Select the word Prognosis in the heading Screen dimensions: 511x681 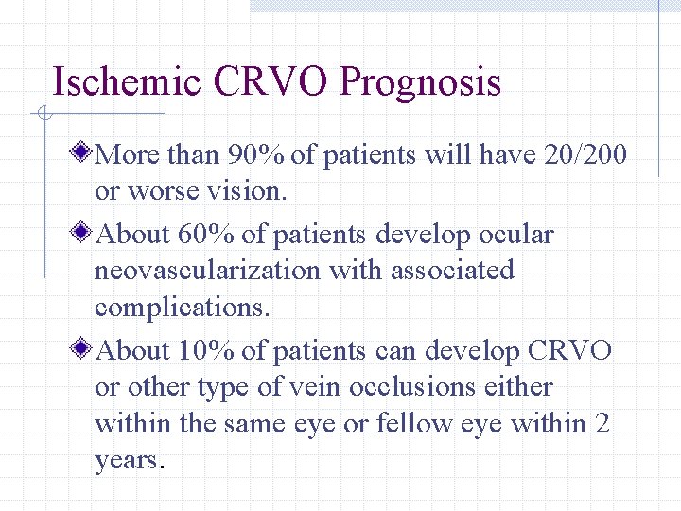(x=420, y=84)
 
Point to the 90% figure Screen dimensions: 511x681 (x=255, y=153)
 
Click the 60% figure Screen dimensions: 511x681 (x=206, y=233)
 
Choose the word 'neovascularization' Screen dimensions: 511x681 (x=207, y=271)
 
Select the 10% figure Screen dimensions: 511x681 (x=206, y=351)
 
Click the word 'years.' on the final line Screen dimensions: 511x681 (x=131, y=462)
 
